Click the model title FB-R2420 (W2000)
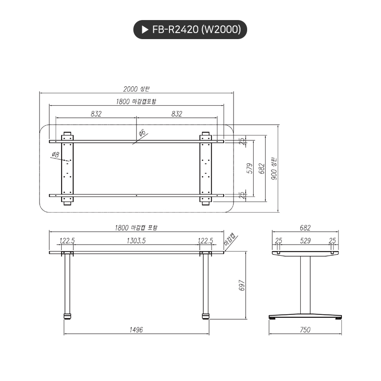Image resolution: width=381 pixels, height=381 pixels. coord(197,30)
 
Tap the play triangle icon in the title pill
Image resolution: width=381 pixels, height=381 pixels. coord(144,30)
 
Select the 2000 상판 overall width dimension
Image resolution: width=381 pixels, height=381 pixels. coord(136,89)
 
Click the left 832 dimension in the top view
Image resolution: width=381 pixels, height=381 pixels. coord(96,114)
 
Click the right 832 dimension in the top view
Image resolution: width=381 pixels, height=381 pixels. coord(176,114)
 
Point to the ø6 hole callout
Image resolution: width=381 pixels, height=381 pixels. coord(142,132)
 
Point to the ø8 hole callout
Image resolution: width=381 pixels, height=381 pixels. coord(55,155)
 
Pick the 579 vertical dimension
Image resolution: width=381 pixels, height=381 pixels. coord(250,168)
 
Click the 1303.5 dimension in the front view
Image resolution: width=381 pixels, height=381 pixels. coord(137,241)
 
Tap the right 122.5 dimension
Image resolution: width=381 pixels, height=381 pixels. coord(205,241)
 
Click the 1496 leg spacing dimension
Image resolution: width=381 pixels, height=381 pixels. coord(136,329)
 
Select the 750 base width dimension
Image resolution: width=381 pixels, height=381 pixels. coord(305,329)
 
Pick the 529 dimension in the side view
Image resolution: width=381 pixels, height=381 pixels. coord(305,241)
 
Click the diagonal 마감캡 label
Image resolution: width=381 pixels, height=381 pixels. coord(231,240)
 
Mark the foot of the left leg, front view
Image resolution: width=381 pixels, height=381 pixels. coord(66,316)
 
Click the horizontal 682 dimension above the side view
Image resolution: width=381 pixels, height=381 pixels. coord(305,227)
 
